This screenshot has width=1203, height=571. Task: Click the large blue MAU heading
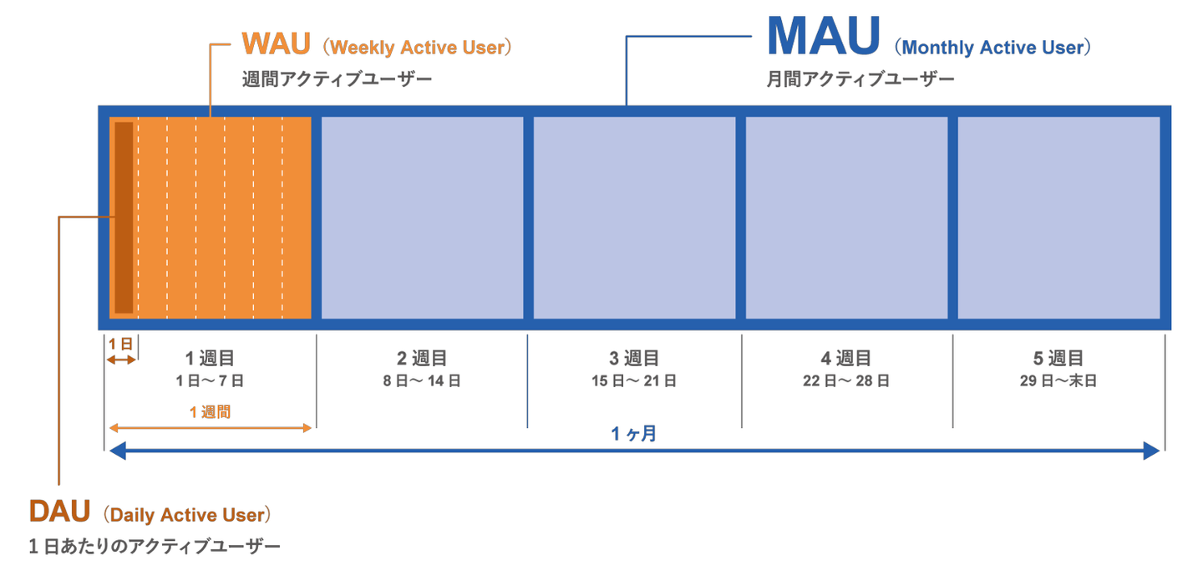[x=823, y=37]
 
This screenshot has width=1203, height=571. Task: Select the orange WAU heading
[x=276, y=44]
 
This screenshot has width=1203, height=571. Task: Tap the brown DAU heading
[x=59, y=510]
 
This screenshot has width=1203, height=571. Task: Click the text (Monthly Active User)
[x=992, y=48]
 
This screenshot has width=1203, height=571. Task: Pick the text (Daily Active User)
[x=188, y=513]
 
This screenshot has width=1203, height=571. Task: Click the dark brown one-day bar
[x=124, y=217]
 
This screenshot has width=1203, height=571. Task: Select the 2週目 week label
[x=422, y=359]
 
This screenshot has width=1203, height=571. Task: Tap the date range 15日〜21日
[x=634, y=381]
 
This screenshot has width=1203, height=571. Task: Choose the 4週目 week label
[x=846, y=359]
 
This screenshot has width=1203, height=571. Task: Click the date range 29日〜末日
[x=1058, y=381]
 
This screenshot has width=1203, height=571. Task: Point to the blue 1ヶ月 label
[x=633, y=435]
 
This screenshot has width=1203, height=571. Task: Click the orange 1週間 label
[x=210, y=412]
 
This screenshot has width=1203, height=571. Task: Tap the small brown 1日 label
[x=121, y=344]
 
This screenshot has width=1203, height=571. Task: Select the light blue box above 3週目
[x=634, y=217]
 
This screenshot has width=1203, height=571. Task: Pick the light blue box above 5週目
[x=1058, y=217]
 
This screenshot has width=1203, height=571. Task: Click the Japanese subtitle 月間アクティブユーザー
[x=860, y=80]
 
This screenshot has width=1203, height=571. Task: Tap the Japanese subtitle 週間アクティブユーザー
[x=338, y=80]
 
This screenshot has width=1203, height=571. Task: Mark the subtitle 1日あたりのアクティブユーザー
[x=155, y=547]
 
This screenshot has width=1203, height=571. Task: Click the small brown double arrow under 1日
[x=121, y=359]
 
